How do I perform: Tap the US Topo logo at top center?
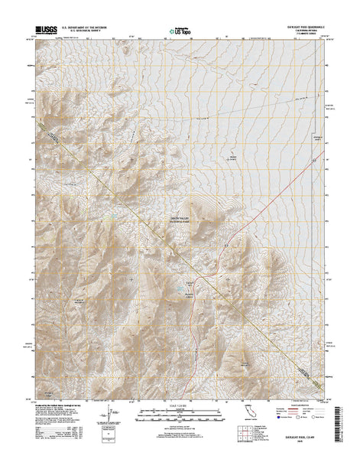[180, 31]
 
